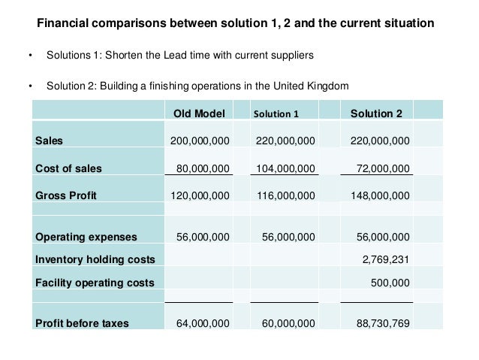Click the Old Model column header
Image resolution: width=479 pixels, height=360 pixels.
(x=198, y=113)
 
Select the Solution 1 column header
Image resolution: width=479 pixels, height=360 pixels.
(x=276, y=114)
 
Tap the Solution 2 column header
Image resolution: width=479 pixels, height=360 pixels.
(x=376, y=113)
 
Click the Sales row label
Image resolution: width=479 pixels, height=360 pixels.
(x=50, y=141)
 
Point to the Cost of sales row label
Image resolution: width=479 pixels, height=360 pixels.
(x=69, y=168)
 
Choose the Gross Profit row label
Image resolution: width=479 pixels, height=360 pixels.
(x=66, y=195)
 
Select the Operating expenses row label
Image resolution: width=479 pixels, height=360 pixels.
(x=86, y=237)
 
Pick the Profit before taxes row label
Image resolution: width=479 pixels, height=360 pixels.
(x=83, y=324)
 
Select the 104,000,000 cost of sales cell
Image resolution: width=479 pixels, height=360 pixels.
(x=285, y=168)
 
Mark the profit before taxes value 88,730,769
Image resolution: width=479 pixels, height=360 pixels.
(x=383, y=324)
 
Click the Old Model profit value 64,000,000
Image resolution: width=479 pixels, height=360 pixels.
(x=203, y=324)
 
